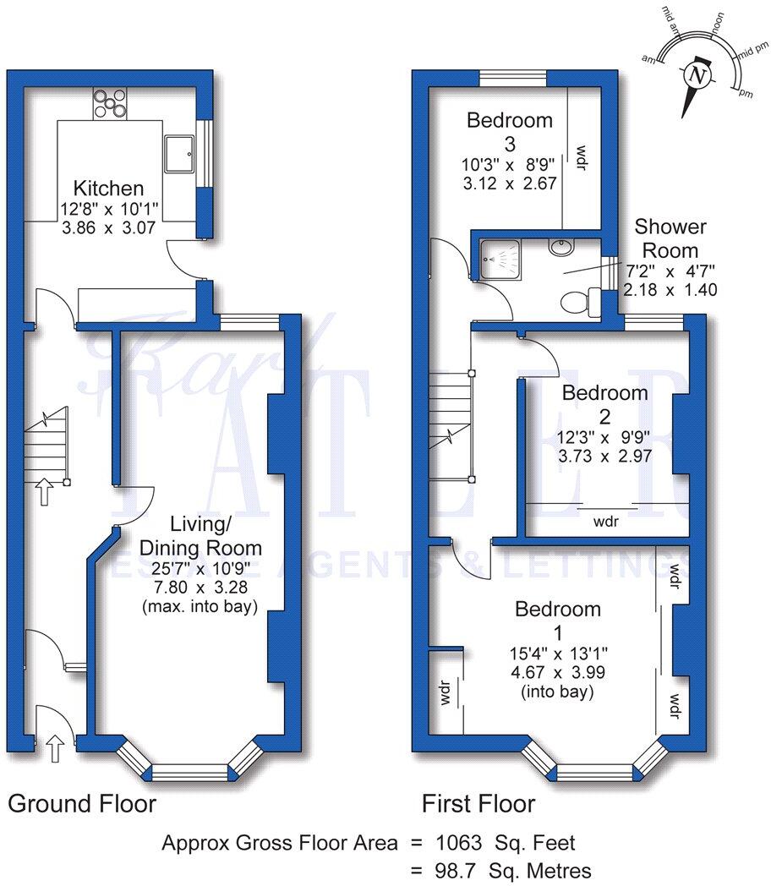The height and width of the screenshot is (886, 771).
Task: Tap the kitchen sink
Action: pyautogui.click(x=179, y=150)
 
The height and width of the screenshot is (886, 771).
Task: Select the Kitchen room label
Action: pyautogui.click(x=107, y=189)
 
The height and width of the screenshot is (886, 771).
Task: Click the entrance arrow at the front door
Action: pyautogui.click(x=55, y=747)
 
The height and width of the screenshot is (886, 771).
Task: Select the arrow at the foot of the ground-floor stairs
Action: pyautogui.click(x=42, y=491)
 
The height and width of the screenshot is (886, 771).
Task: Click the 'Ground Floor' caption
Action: pyautogui.click(x=82, y=803)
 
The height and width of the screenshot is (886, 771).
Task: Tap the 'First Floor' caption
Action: pyautogui.click(x=479, y=803)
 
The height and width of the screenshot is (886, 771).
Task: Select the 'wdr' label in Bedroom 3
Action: pyautogui.click(x=580, y=158)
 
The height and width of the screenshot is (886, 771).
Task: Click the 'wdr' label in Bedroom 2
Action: pyautogui.click(x=605, y=522)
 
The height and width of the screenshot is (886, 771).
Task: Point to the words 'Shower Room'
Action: pyautogui.click(x=670, y=238)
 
